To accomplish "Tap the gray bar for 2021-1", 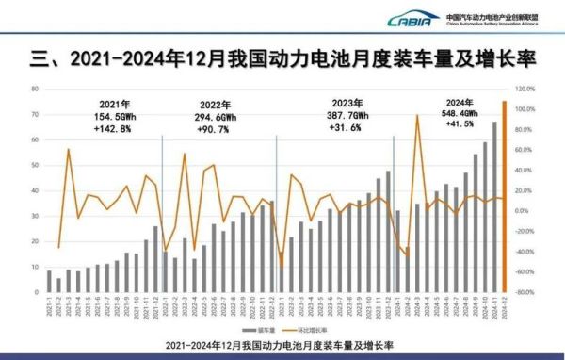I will [x=49, y=281].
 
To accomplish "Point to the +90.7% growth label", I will [x=222, y=126].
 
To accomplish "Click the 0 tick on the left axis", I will [x=35, y=292].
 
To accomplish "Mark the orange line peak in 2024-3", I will [x=417, y=116].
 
